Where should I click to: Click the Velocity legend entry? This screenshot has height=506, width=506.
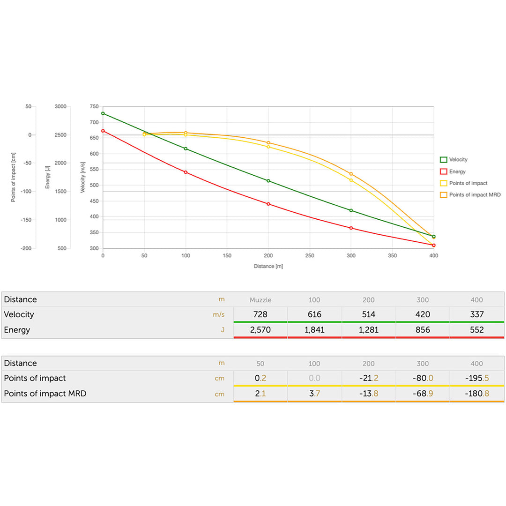click(x=458, y=160)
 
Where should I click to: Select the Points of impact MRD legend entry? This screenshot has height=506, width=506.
click(x=475, y=194)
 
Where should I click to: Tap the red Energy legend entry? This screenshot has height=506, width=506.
click(x=457, y=171)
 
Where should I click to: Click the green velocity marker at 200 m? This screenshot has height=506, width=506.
click(x=268, y=181)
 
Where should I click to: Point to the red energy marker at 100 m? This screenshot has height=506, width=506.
click(x=186, y=172)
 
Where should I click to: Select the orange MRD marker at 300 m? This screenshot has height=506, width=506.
click(x=351, y=174)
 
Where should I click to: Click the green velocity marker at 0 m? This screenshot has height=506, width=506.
click(x=103, y=113)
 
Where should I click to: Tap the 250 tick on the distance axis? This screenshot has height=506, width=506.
click(x=310, y=256)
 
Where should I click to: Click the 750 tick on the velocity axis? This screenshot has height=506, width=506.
click(x=94, y=107)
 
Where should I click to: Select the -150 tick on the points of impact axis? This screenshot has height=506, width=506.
click(x=27, y=220)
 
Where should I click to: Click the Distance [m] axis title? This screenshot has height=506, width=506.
click(x=268, y=266)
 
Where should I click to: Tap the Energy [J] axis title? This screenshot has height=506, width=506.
click(x=47, y=177)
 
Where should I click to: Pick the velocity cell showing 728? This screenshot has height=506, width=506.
click(x=260, y=314)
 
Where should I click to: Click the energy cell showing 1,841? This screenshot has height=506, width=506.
click(x=314, y=330)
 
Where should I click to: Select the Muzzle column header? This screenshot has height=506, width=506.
click(x=260, y=300)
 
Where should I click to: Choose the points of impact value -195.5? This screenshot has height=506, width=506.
click(x=476, y=378)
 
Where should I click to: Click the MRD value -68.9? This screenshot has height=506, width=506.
click(x=423, y=394)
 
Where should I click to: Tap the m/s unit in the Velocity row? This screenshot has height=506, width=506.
click(x=218, y=315)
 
